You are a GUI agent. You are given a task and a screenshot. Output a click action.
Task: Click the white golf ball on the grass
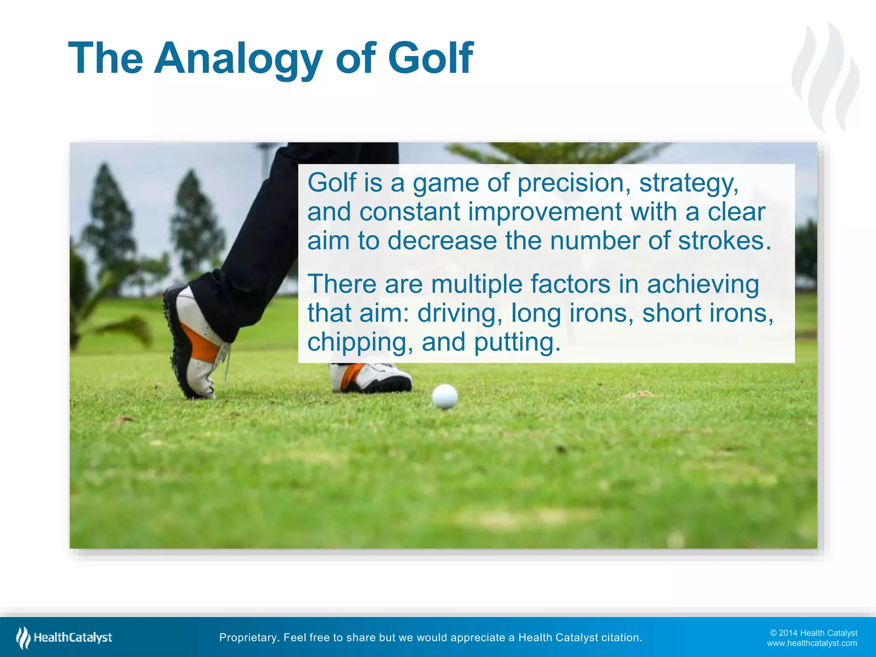[x=445, y=397]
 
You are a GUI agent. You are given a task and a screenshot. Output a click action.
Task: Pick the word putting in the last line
[x=516, y=343]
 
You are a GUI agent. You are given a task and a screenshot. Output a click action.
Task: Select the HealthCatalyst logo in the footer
[x=64, y=638]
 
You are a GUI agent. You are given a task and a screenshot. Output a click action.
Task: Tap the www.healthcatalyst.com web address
[x=812, y=643]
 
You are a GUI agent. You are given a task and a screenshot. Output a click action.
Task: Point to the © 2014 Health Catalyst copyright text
[x=814, y=633]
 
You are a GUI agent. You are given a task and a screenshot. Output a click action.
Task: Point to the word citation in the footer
[x=621, y=638]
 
